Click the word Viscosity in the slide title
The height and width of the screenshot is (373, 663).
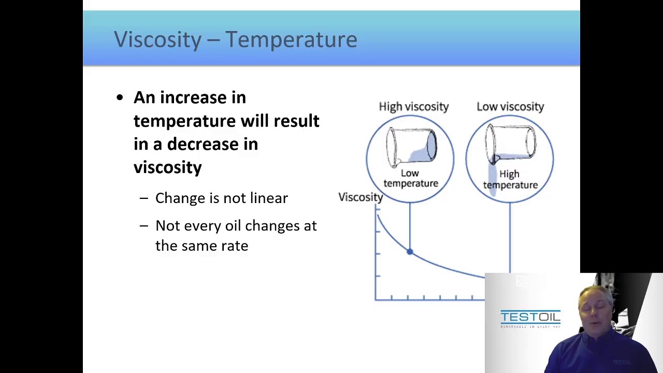tap(157, 40)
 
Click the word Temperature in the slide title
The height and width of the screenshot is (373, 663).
tap(291, 40)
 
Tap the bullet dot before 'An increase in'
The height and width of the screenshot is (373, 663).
tap(120, 97)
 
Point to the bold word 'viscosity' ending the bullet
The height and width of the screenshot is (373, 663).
tap(167, 167)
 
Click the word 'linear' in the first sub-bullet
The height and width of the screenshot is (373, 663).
tap(269, 198)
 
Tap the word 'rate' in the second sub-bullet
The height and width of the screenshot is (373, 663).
tap(235, 246)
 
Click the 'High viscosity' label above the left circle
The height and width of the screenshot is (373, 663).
tap(413, 106)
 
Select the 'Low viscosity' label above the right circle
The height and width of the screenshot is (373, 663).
tap(510, 106)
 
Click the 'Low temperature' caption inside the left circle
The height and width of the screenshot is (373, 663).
tap(410, 178)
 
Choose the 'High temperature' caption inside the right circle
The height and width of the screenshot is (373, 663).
tap(510, 179)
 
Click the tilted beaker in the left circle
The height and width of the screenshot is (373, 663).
tap(411, 147)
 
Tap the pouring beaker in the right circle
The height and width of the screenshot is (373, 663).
tap(510, 144)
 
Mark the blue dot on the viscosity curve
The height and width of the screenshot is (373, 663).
tap(410, 252)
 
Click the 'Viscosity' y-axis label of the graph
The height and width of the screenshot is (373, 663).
tap(361, 197)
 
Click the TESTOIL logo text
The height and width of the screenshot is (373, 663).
tap(530, 317)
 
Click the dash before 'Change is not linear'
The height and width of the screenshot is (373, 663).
tap(144, 198)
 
